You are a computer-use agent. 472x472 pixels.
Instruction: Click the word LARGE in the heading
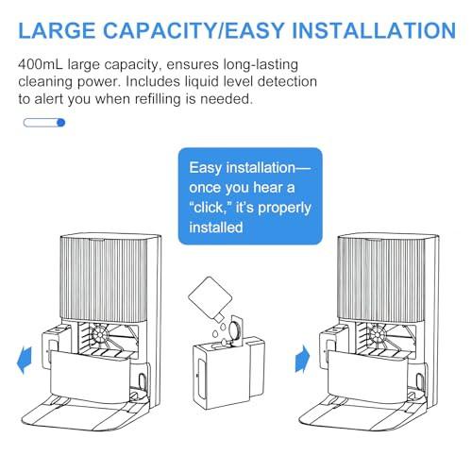[57, 30]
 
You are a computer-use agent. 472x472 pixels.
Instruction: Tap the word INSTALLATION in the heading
[374, 30]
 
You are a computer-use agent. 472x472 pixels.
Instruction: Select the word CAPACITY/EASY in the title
[194, 30]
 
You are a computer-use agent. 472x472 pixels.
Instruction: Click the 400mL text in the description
[41, 64]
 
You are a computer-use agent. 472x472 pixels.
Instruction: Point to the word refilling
[158, 99]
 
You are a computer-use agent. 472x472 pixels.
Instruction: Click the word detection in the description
[287, 82]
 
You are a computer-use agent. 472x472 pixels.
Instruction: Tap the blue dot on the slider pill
[61, 123]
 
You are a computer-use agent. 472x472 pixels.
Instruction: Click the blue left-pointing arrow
[25, 360]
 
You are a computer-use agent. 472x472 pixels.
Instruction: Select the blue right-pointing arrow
[302, 359]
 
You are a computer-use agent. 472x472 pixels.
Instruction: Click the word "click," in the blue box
[211, 208]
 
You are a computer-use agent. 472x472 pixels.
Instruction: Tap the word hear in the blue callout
[267, 188]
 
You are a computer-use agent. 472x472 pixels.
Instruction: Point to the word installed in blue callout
[216, 228]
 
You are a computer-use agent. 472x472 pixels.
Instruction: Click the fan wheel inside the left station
[100, 334]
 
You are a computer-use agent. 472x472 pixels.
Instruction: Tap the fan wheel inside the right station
[378, 333]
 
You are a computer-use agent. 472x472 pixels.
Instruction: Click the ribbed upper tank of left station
[104, 278]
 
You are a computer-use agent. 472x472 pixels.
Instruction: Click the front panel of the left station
[91, 377]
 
